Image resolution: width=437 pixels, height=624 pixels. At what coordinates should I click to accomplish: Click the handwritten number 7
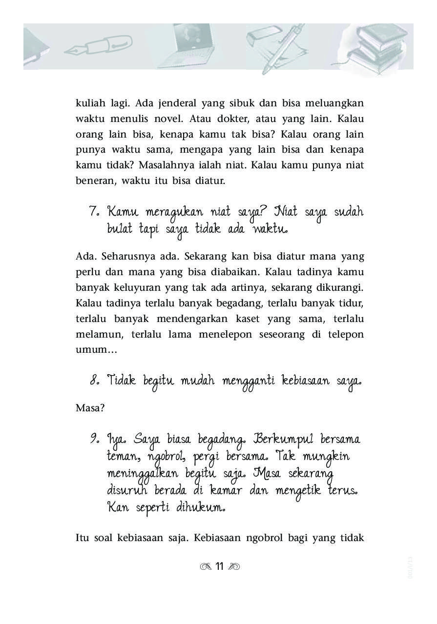click(x=94, y=212)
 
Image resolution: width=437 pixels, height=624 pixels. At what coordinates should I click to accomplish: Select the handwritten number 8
click(x=95, y=380)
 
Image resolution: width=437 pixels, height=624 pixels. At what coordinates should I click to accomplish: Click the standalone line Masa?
click(x=90, y=408)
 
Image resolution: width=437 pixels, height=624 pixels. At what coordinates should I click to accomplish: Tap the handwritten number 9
click(x=94, y=439)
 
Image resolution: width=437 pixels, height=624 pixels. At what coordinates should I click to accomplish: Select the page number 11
click(x=219, y=566)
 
